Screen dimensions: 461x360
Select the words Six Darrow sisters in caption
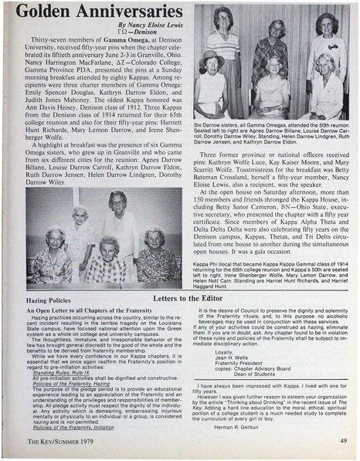click(x=214, y=124)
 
